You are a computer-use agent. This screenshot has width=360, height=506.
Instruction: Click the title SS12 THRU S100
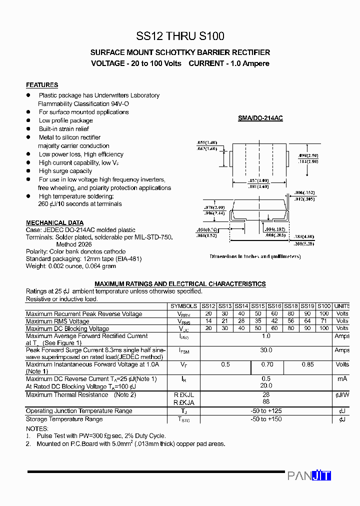coord(180,36)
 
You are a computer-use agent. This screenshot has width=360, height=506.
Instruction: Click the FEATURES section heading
coord(42,85)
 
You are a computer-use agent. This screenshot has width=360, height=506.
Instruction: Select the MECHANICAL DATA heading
coord(54,222)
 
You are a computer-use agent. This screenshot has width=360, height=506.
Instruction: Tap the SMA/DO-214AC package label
coord(260,118)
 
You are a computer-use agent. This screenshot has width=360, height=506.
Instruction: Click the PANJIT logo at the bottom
coord(309,475)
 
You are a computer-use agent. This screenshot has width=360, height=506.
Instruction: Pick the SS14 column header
coord(241,306)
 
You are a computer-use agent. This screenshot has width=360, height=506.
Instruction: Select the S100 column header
coord(324,306)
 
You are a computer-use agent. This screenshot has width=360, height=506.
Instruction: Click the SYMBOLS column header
coord(183,306)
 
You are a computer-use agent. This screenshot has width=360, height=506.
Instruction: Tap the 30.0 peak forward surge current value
coord(266,350)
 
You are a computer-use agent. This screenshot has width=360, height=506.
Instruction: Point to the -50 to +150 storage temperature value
coord(266,419)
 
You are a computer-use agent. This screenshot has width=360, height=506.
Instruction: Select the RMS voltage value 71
coord(324,321)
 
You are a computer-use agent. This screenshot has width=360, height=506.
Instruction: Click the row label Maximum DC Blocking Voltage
coord(67,328)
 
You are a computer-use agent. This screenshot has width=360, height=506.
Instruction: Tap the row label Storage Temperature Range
coord(64,419)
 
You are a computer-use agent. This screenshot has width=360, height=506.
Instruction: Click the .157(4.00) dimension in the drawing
coord(258,180)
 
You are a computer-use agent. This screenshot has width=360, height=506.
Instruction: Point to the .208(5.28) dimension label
coord(303,243)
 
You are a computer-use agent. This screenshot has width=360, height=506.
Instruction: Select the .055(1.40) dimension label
coord(207,142)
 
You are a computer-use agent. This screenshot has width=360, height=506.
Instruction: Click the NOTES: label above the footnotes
coord(37,428)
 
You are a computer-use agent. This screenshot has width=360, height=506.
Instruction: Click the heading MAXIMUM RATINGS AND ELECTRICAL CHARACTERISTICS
coord(180,283)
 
